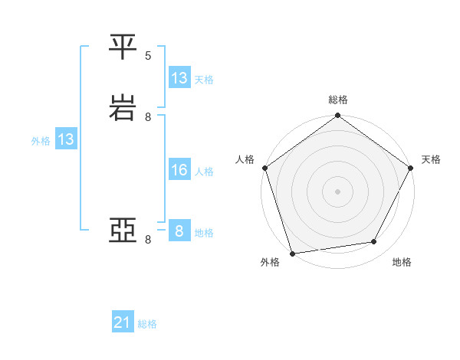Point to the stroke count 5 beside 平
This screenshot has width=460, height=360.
point(148,55)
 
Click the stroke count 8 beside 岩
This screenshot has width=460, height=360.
point(148,117)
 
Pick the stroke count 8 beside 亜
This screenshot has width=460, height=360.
point(148,240)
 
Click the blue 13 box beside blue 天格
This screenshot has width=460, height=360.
point(179,78)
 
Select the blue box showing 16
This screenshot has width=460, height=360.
point(179,170)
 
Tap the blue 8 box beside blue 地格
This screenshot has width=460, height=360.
point(179,231)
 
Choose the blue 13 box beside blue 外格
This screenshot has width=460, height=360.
point(66,139)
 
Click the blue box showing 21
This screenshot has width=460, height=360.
point(123,323)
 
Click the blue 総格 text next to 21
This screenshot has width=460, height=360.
point(147,324)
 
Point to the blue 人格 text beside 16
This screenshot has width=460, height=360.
point(205,171)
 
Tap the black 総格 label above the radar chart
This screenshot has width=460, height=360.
point(338,100)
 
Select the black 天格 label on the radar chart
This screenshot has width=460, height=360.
point(431,159)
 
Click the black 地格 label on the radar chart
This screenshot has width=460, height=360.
point(402,262)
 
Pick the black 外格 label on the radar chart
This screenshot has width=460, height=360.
point(269,262)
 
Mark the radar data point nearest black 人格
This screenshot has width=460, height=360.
point(264,168)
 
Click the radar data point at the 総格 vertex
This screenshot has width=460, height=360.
point(338,116)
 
